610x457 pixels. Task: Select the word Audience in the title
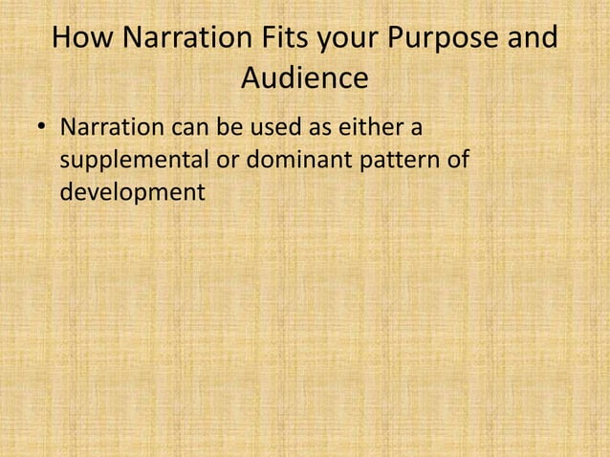coord(304,79)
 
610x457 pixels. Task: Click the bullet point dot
coord(40,129)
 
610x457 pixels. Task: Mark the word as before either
coord(315,128)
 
